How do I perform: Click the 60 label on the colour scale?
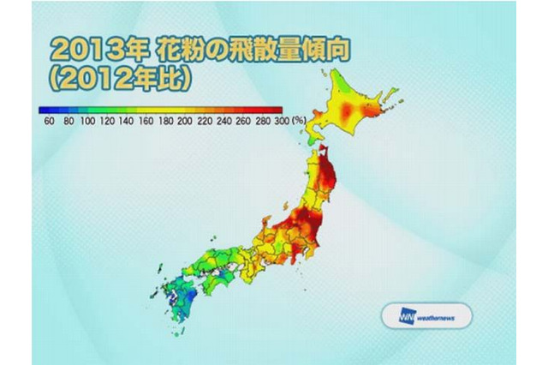50,122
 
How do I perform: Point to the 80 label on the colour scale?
69,122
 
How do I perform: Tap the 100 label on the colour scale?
89,122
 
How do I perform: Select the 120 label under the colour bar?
109,122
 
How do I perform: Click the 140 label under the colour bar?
128,122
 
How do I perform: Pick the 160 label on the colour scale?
147,122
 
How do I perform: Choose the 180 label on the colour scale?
166,122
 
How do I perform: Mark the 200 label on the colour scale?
186,122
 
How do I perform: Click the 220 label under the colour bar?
205,122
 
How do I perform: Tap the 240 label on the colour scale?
225,122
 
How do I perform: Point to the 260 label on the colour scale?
244,122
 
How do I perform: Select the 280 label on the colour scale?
263,122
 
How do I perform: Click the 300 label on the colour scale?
282,122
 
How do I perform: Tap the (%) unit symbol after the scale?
300,122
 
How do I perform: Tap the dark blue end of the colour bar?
43,110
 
